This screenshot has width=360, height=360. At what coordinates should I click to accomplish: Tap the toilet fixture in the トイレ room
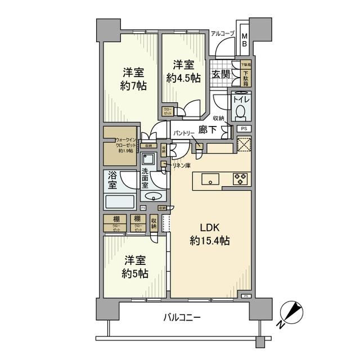pos(241,112)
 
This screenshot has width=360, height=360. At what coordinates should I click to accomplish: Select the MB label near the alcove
pos(245,40)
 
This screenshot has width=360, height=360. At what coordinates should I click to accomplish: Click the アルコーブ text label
pos(222,34)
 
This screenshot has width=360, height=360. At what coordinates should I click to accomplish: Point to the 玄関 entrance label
pos(219,74)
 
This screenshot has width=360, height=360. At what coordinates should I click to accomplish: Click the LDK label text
pos(208,227)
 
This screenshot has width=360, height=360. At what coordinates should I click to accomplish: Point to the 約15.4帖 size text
pos(208,241)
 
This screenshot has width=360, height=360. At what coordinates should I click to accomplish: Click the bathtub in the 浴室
pos(120,201)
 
